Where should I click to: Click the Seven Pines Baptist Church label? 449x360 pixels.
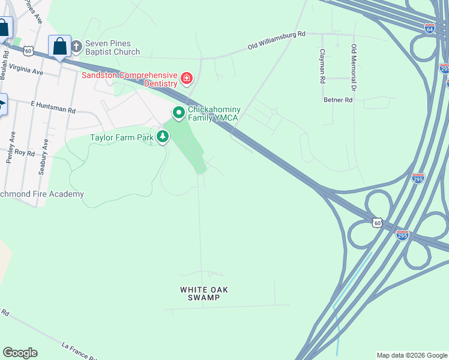tap(112, 47)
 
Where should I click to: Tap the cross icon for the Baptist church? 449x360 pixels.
tap(76, 46)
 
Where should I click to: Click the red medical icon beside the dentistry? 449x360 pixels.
tap(187, 78)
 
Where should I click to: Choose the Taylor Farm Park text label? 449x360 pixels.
tap(122, 137)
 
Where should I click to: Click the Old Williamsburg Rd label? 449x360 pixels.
tap(277, 40)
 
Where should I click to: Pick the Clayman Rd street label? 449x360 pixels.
tap(322, 66)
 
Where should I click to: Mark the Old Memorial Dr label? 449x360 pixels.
tap(354, 68)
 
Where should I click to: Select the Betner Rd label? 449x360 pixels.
tap(337, 100)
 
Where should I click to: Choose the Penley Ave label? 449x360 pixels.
tap(12, 146)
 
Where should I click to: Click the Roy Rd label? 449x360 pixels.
tap(25, 153)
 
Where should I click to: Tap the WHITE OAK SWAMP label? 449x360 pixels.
tap(203, 293)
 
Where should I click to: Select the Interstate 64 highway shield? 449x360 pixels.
tap(429, 28)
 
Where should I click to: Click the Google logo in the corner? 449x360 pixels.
tap(20, 353)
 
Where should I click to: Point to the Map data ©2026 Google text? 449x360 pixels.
tap(411, 355)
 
